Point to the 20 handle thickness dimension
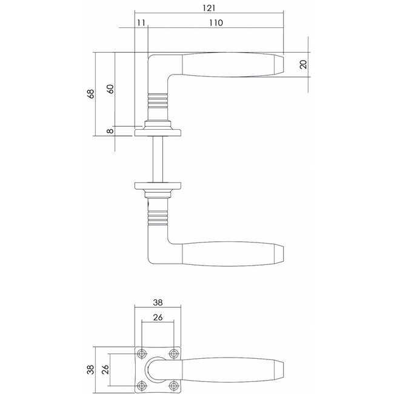click(304, 64)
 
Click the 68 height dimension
click(91, 93)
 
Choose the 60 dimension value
click(110, 88)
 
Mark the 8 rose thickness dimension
click(110, 131)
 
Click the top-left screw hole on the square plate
click(143, 353)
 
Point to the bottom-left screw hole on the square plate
click(143, 384)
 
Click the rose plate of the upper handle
click(161, 129)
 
